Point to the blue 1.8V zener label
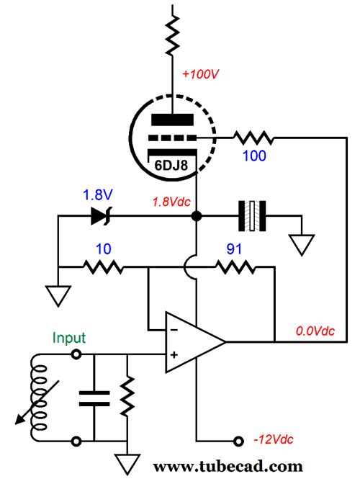(x=97, y=195)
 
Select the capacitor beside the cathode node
(x=253, y=215)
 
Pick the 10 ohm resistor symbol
(x=105, y=267)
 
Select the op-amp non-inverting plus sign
(x=174, y=355)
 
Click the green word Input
(x=68, y=338)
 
